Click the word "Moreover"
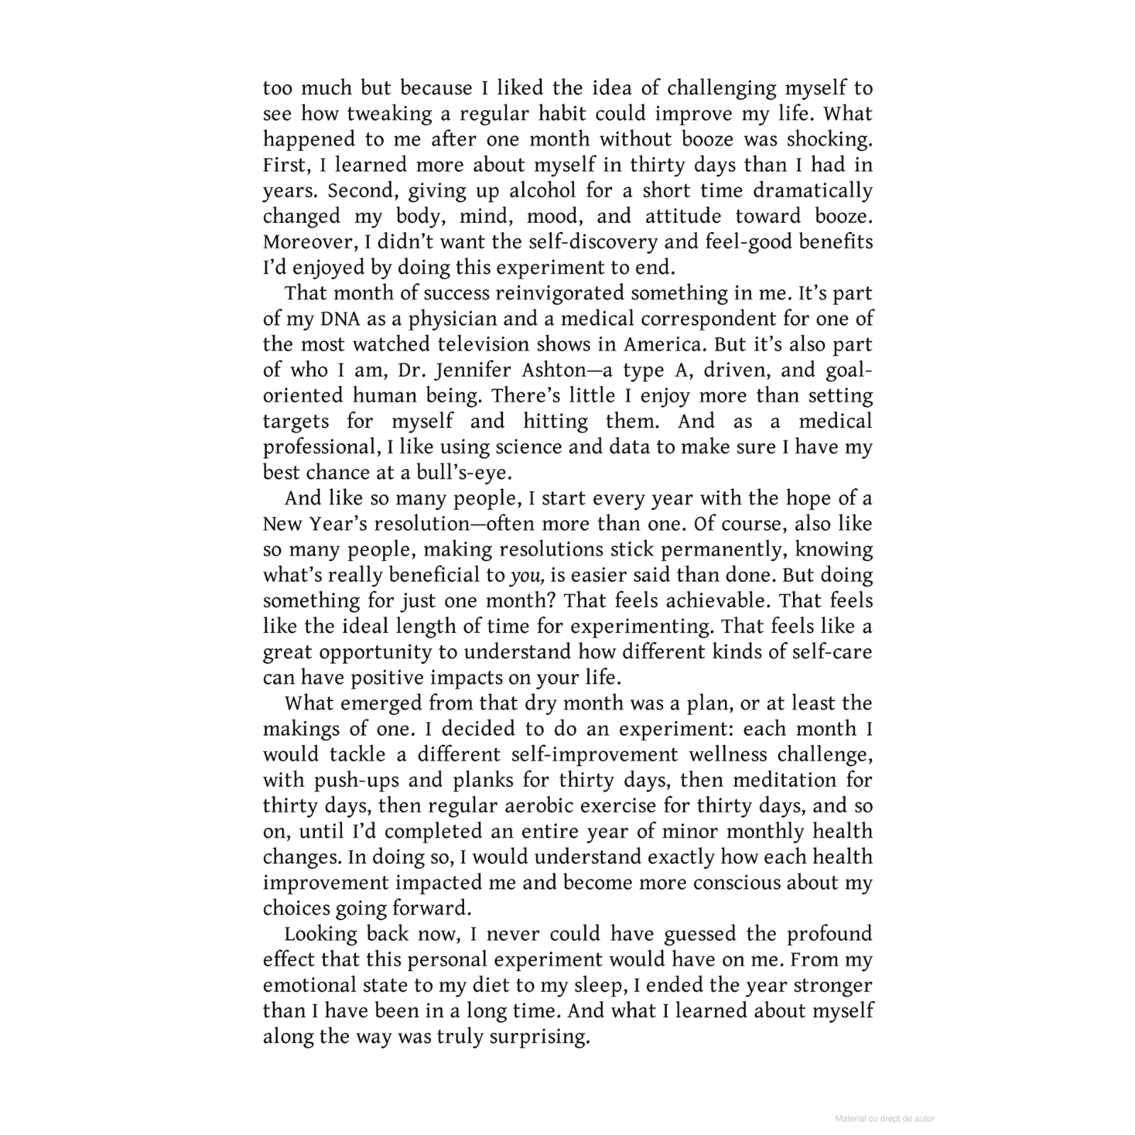(x=309, y=242)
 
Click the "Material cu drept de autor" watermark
(x=885, y=1119)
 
